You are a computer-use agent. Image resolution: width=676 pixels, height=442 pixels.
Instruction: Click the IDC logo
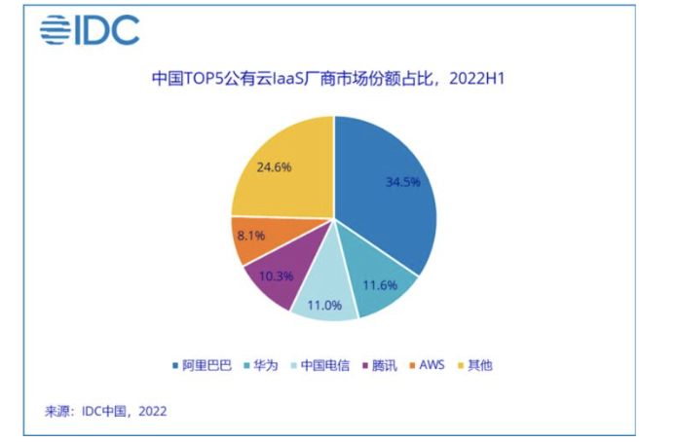[x=90, y=30]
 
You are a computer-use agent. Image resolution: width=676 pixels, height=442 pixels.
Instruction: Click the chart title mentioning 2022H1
[x=328, y=79]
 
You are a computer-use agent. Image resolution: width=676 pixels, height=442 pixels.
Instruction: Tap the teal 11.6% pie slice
[x=379, y=280]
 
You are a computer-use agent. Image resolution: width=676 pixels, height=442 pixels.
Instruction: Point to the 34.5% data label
[x=402, y=182]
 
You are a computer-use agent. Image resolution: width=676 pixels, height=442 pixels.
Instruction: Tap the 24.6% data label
[x=274, y=167]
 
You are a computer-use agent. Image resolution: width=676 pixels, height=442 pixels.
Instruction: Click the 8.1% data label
[x=251, y=236]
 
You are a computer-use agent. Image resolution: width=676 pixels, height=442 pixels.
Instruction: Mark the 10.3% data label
[x=277, y=276]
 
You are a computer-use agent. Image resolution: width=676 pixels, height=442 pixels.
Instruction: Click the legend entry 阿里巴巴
[x=203, y=365]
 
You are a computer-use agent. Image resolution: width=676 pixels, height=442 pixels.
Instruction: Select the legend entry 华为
[x=261, y=365]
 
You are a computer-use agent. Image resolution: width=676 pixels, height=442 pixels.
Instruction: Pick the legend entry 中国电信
[x=320, y=365]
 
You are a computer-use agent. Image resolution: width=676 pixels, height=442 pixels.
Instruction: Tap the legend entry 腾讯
[x=380, y=365]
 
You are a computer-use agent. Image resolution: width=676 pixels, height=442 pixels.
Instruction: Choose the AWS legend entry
[x=428, y=365]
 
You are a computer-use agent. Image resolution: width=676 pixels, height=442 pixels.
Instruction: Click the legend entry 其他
[x=475, y=365]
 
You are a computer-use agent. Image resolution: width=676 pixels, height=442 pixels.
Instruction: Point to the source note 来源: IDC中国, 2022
[x=105, y=412]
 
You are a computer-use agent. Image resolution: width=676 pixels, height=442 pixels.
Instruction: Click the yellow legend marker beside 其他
[x=461, y=366]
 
